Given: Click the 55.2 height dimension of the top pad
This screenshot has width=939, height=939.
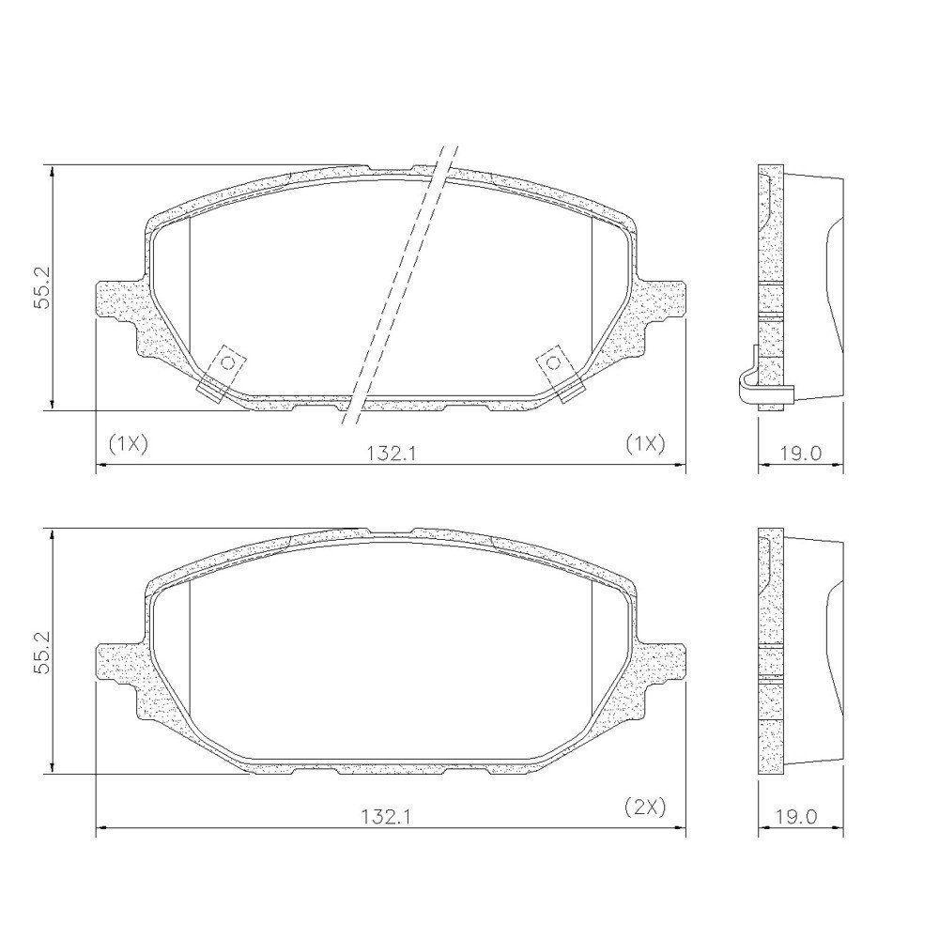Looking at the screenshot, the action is tap(40, 288).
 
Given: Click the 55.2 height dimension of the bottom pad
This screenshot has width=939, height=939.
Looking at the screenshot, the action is tap(40, 653).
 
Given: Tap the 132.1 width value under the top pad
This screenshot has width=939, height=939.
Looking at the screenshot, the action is tap(391, 454).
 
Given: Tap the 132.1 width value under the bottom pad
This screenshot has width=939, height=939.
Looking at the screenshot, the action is tap(386, 817).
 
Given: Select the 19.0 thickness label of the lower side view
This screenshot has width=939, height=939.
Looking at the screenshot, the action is tap(795, 817).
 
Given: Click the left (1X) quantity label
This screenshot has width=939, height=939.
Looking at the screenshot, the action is tap(128, 444).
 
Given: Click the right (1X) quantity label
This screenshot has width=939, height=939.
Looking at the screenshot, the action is tap(646, 444).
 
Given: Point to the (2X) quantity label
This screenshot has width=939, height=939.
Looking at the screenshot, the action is tap(646, 808).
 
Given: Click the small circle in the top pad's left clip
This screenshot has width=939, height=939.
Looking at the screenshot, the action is tap(227, 362).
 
